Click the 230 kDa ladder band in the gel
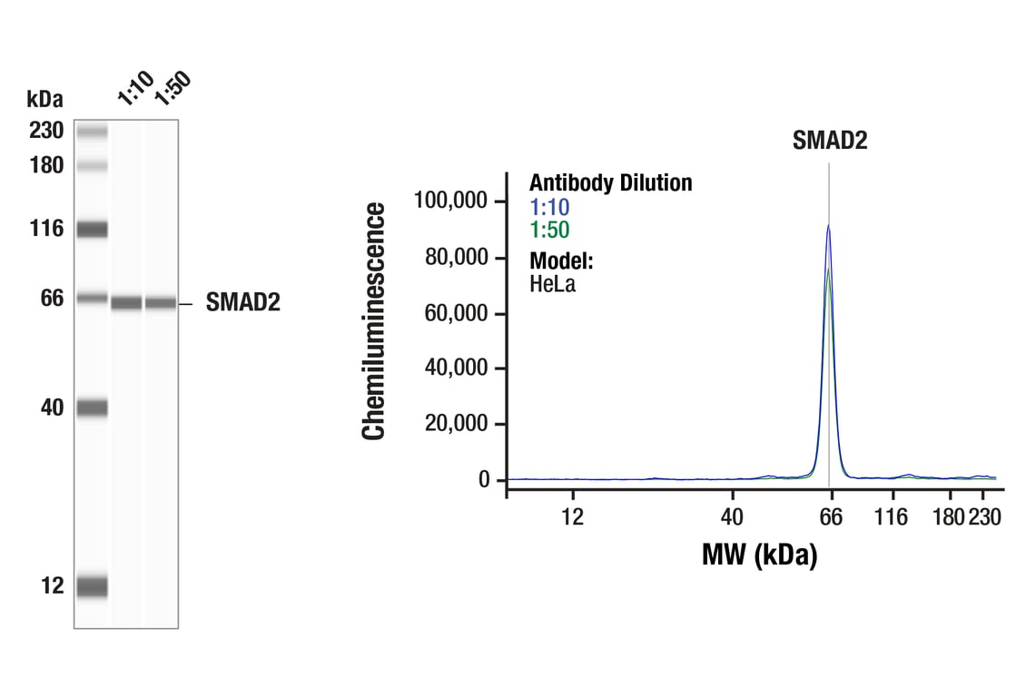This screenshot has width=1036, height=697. (92, 133)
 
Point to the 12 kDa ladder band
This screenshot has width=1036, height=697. (92, 586)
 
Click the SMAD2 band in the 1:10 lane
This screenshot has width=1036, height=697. (126, 303)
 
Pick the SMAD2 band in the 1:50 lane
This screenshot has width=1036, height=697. (161, 303)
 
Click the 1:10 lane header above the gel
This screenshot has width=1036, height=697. (135, 88)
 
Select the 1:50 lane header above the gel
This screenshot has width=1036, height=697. (172, 88)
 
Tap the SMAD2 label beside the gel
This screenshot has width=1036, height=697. (242, 303)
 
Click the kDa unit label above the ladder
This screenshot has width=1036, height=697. (44, 99)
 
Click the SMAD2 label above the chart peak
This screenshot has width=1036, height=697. (830, 141)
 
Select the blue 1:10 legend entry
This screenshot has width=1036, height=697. (549, 207)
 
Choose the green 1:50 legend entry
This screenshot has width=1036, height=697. (549, 231)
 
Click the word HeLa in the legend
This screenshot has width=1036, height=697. (552, 283)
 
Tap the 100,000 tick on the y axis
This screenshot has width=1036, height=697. (451, 200)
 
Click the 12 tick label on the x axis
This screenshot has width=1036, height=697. (572, 517)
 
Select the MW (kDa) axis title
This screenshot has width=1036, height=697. (759, 554)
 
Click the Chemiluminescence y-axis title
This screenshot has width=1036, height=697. (374, 322)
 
